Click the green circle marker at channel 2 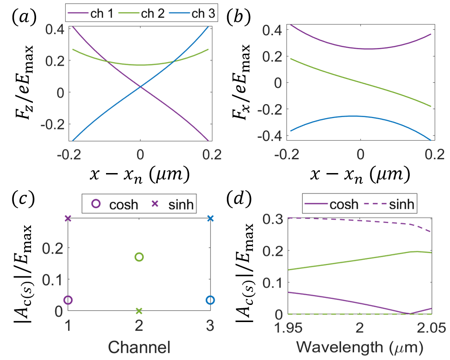click(x=139, y=257)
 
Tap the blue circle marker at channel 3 click(x=210, y=300)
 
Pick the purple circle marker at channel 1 click(x=68, y=300)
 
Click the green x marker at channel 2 click(x=139, y=310)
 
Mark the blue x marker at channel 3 click(x=210, y=218)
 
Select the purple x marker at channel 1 click(x=68, y=218)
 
